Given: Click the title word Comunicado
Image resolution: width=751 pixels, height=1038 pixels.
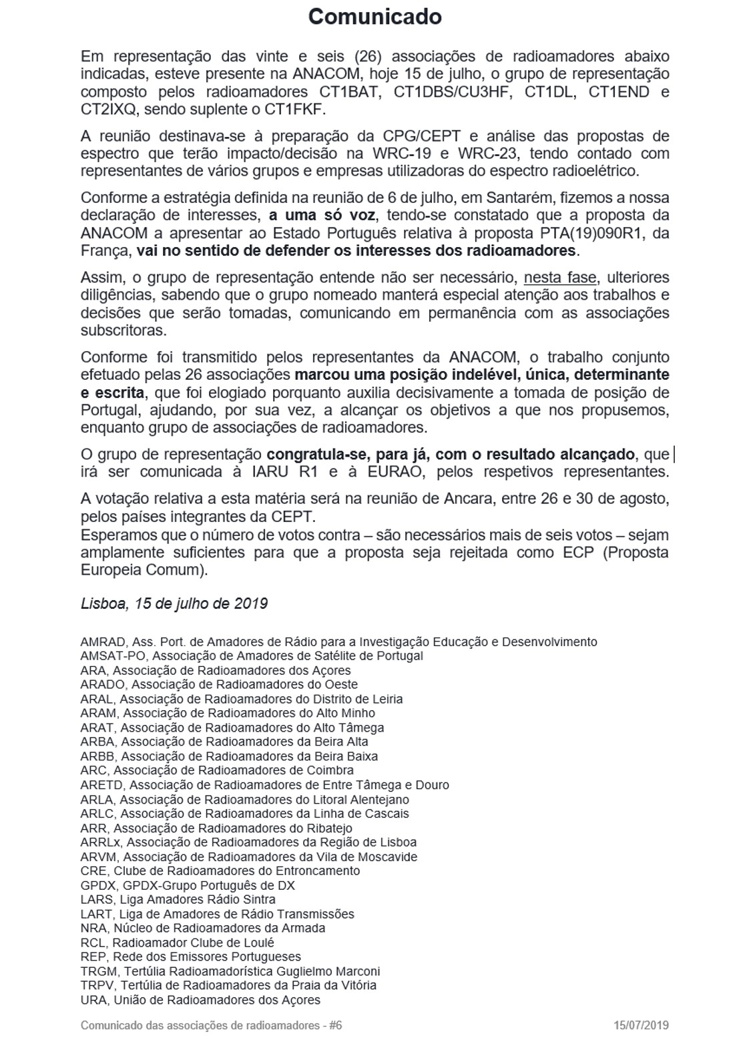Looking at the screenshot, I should (374, 17).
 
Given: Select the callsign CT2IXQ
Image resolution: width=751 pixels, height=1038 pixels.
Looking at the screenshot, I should (108, 109).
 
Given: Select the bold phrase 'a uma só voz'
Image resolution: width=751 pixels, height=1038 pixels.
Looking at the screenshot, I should (323, 216).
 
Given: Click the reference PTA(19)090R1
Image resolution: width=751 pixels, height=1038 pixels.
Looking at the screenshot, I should (587, 233).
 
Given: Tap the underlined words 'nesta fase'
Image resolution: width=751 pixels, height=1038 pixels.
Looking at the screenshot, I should (559, 277).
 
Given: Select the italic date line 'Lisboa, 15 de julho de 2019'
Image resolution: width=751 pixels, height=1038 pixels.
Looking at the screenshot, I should (174, 603).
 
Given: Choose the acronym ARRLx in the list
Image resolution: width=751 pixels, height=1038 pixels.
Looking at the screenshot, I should (101, 842).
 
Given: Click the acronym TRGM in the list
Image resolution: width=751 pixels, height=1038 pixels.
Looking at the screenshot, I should (98, 971).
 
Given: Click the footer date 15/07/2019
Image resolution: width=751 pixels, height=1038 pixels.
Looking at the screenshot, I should (642, 1025).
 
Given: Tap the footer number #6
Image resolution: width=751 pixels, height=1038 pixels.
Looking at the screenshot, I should (335, 1025).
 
